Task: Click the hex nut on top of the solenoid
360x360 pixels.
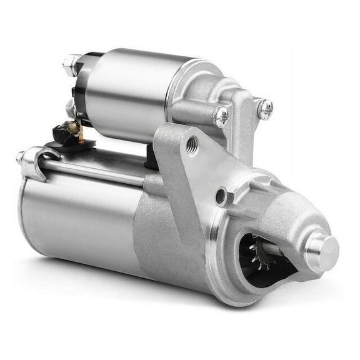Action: pyautogui.click(x=71, y=63)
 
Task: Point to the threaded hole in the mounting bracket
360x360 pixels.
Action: pyautogui.click(x=193, y=145)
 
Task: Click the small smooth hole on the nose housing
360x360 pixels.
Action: pyautogui.click(x=221, y=197)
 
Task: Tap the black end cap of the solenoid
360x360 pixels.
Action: pyautogui.click(x=81, y=94)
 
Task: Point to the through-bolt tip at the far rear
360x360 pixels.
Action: pyautogui.click(x=21, y=156)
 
